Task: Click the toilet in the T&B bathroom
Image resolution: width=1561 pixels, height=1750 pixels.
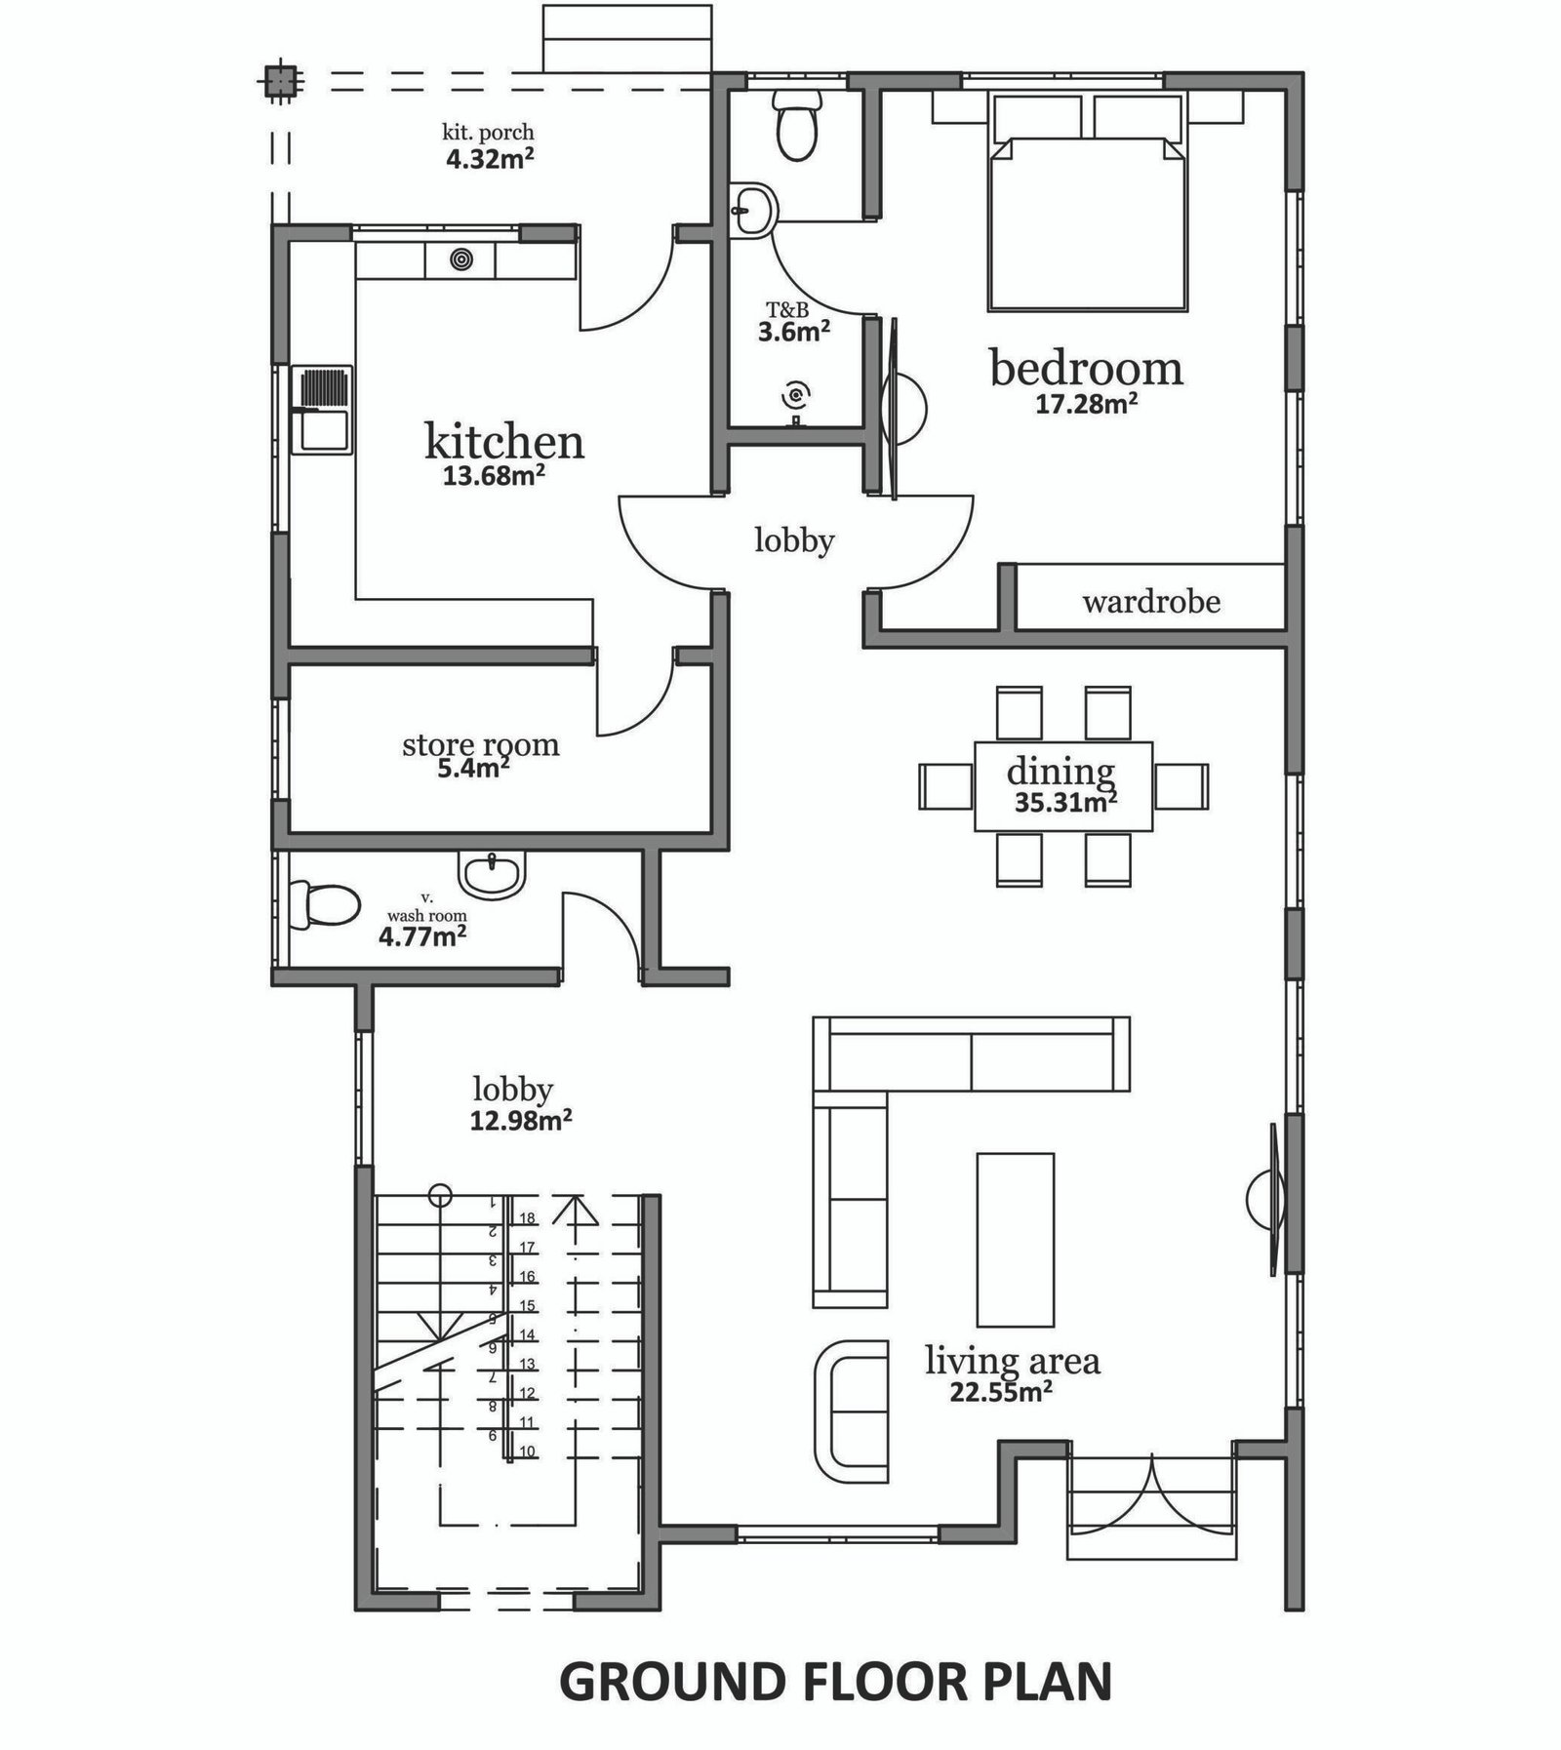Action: click(797, 126)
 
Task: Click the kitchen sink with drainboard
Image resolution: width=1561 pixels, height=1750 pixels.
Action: click(323, 411)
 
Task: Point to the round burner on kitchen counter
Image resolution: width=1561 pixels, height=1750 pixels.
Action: click(460, 260)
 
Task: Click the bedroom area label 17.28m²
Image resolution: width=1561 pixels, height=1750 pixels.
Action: click(1087, 403)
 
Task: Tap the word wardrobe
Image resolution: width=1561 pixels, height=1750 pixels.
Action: click(1151, 601)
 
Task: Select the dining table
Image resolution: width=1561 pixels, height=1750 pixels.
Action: click(1062, 786)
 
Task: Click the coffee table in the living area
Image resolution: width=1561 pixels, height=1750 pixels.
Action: click(1016, 1240)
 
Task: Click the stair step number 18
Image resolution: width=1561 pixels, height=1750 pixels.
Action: click(527, 1218)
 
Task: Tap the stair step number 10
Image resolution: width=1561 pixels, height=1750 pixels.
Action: click(527, 1452)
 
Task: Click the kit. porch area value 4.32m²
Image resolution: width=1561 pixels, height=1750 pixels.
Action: click(490, 158)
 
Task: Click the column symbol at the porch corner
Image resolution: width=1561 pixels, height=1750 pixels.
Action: click(279, 81)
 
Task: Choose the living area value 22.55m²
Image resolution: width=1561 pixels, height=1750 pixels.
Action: click(1001, 1392)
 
